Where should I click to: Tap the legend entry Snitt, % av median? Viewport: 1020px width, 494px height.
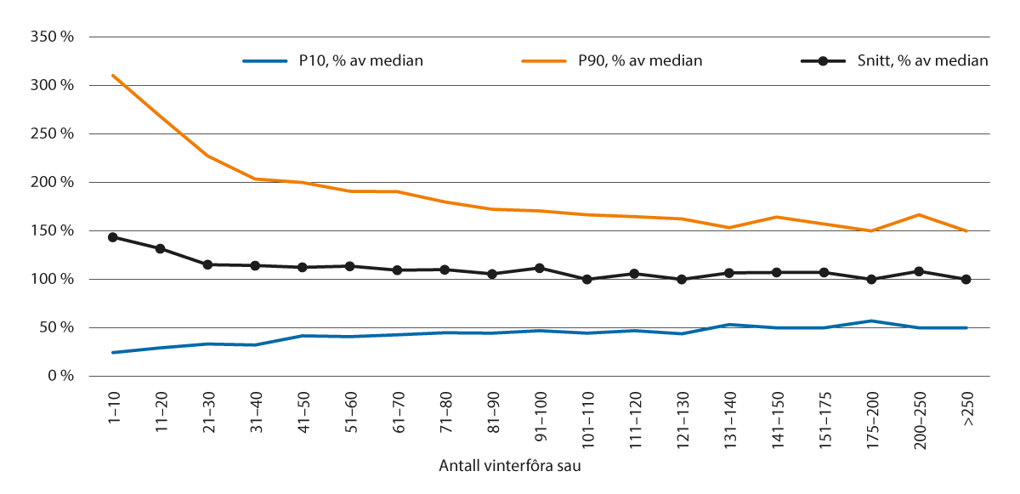921,60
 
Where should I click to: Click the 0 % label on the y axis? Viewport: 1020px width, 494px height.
61,376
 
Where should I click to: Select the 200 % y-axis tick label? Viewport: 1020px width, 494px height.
52,183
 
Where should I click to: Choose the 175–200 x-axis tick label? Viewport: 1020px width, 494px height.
870,416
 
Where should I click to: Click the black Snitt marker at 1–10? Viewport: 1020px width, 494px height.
112,237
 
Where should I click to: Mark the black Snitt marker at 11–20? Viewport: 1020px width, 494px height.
160,249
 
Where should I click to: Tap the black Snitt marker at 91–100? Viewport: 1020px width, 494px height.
539,268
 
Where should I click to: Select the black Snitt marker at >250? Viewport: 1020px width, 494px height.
966,279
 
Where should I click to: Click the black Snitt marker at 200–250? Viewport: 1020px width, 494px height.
918,271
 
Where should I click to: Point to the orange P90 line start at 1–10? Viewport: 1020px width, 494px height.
112,76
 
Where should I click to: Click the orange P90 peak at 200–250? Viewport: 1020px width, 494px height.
918,214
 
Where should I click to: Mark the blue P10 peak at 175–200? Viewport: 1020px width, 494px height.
870,321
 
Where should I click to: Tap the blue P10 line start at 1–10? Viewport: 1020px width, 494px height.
112,352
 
